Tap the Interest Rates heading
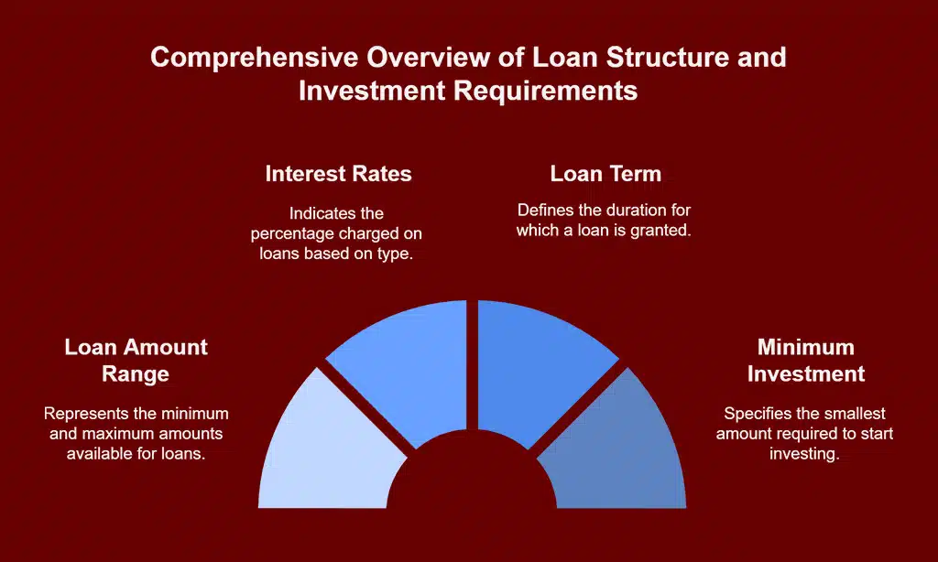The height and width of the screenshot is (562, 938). (x=338, y=174)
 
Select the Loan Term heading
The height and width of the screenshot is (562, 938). (x=605, y=174)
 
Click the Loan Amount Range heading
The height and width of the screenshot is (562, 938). (x=136, y=360)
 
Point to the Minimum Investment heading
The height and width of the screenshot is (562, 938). (x=805, y=360)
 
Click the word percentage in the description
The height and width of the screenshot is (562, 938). (x=298, y=233)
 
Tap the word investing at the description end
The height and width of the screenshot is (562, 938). (x=805, y=453)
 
